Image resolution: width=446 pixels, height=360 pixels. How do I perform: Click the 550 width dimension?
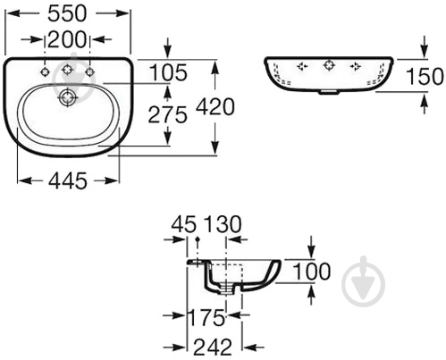67,13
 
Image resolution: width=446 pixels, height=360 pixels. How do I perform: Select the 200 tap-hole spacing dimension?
67,39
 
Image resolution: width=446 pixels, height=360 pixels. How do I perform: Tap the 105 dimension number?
168,72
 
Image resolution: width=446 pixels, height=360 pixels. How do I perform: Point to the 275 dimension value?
168,115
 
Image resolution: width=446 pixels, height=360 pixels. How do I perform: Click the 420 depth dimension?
215,107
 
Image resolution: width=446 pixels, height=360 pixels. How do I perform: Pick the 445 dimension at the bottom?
68,180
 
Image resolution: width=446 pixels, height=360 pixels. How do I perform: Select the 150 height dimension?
425,77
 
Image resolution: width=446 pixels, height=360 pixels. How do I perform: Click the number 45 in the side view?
184,224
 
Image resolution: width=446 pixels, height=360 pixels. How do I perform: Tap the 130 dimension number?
222,224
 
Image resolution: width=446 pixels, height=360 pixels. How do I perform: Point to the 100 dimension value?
311,272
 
